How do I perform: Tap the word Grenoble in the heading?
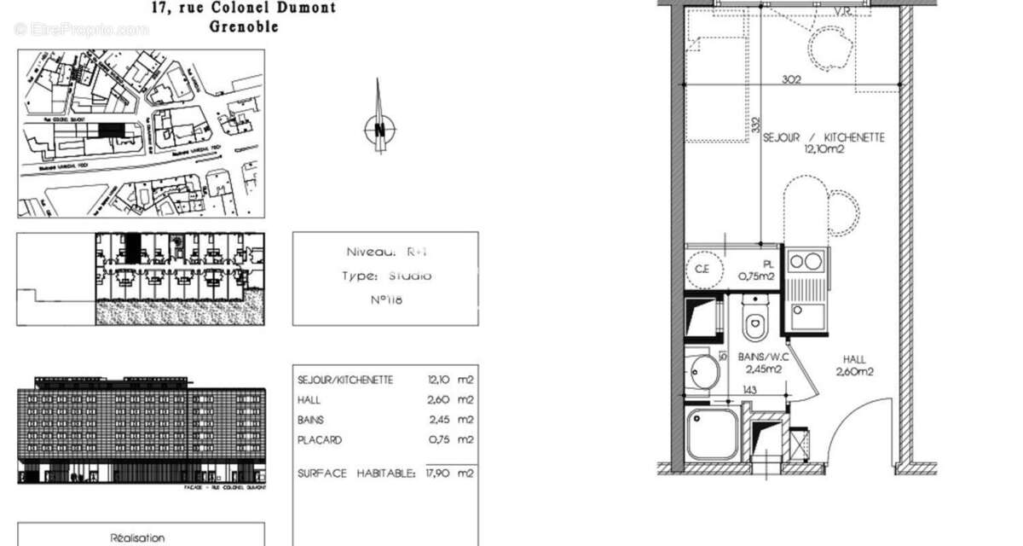tap(244, 26)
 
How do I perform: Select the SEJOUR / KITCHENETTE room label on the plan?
tap(823, 137)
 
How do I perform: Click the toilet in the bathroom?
tap(753, 322)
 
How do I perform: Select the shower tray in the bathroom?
tap(713, 433)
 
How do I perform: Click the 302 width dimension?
tap(792, 78)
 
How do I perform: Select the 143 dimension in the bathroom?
tap(749, 391)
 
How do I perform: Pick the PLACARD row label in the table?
tap(320, 440)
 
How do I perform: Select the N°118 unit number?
tap(385, 299)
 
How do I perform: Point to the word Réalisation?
tap(137, 538)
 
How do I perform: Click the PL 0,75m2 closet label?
tap(755, 270)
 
